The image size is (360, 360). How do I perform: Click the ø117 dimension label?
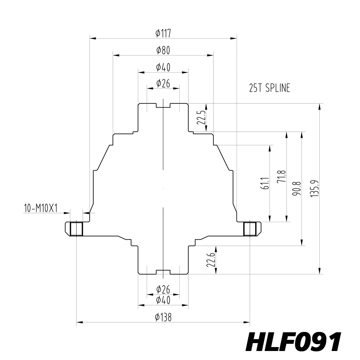click(163, 33)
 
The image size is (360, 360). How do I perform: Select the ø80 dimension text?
click(163, 50)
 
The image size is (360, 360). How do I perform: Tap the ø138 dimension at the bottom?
click(163, 317)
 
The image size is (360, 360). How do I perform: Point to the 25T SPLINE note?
click(270, 88)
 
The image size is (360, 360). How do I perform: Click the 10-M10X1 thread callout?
click(41, 208)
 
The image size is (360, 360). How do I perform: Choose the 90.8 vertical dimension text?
click(297, 189)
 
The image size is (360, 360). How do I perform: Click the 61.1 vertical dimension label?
click(265, 183)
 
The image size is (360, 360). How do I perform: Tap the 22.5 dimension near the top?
click(201, 118)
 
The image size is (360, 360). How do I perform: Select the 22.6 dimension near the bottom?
click(211, 260)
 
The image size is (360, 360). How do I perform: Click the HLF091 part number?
click(293, 342)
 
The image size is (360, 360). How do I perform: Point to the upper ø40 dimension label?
click(163, 67)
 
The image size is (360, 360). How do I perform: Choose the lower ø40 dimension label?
click(163, 300)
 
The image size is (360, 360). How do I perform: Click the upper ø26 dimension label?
click(163, 84)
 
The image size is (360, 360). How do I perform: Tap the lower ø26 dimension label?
click(163, 289)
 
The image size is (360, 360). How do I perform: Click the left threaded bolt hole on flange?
click(76, 229)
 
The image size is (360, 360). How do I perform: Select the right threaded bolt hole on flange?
click(249, 229)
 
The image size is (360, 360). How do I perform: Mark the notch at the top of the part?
click(163, 105)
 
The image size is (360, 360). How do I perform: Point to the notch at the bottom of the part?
click(163, 272)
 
